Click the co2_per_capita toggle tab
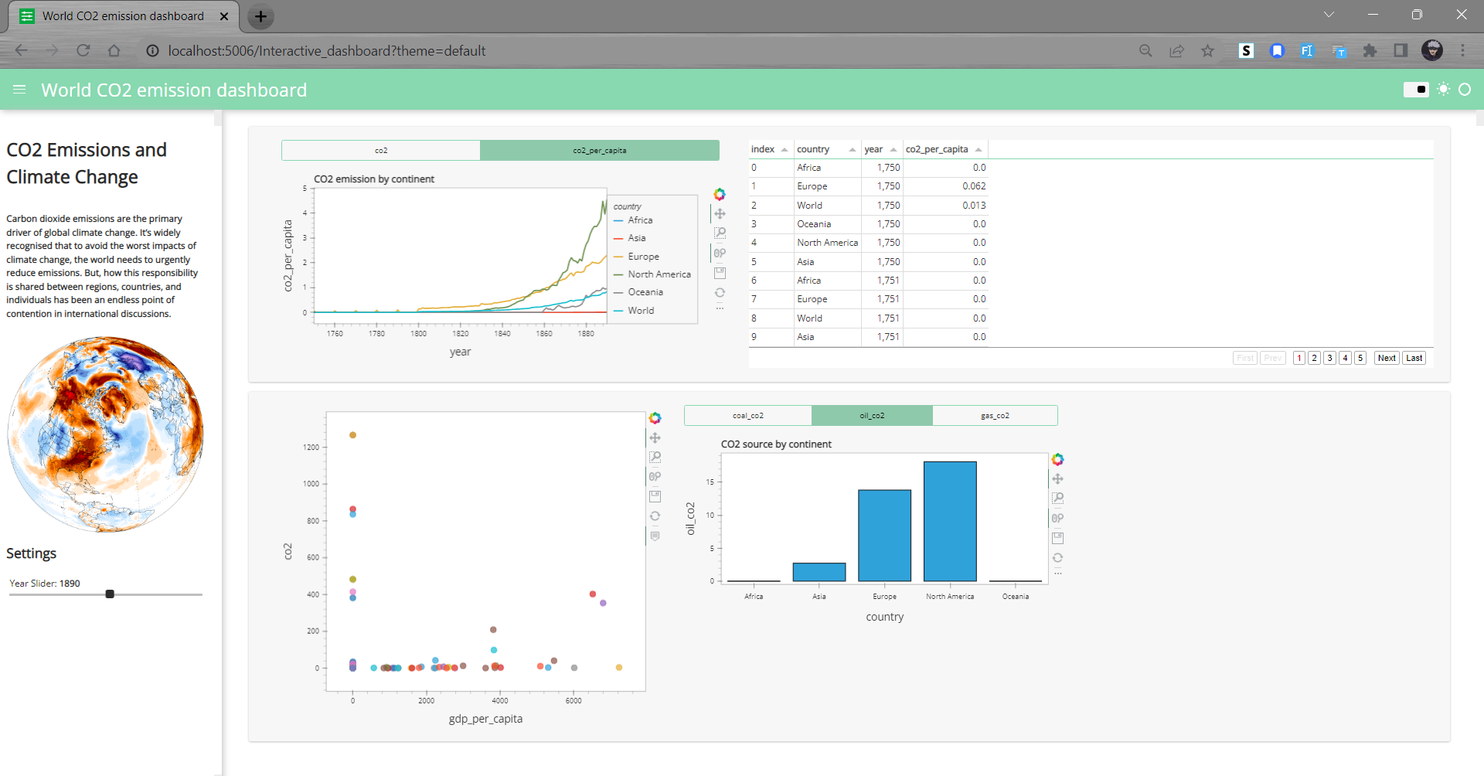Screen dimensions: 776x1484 pyautogui.click(x=599, y=150)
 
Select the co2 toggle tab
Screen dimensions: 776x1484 pyautogui.click(x=381, y=150)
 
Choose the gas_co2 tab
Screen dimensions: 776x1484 pyautogui.click(x=995, y=416)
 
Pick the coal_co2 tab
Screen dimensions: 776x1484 pyautogui.click(x=747, y=416)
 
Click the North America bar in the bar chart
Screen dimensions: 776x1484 pyautogui.click(x=950, y=521)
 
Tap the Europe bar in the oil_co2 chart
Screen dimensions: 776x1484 pyautogui.click(x=884, y=535)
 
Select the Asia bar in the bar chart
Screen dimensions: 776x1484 pyautogui.click(x=819, y=572)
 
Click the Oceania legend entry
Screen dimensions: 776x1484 pyautogui.click(x=645, y=292)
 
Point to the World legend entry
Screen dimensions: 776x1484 pyautogui.click(x=641, y=311)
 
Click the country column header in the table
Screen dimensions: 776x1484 pyautogui.click(x=813, y=149)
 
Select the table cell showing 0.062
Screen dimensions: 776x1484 pyautogui.click(x=974, y=186)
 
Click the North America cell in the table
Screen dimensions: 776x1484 pyautogui.click(x=827, y=243)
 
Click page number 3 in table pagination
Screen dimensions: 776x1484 pyautogui.click(x=1329, y=358)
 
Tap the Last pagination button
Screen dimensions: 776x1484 pyautogui.click(x=1414, y=358)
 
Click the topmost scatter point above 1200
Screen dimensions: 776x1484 pyautogui.click(x=352, y=435)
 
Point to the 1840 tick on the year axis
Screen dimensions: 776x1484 pyautogui.click(x=502, y=333)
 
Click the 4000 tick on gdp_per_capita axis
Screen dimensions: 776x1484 pyautogui.click(x=500, y=700)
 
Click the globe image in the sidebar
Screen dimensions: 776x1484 pyautogui.click(x=105, y=434)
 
